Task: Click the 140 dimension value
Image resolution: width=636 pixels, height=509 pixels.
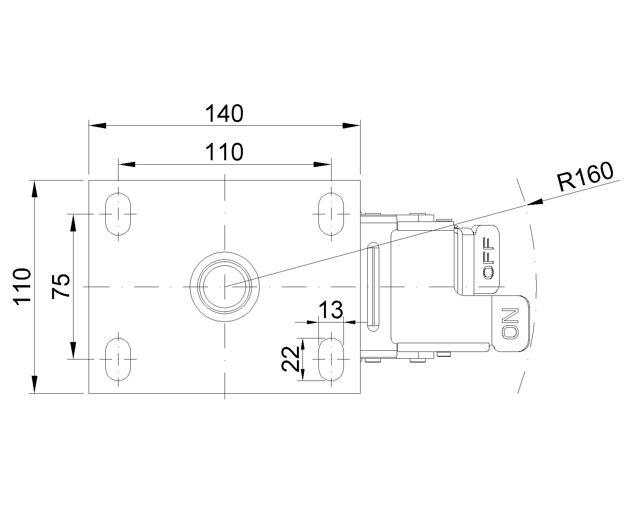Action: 224,114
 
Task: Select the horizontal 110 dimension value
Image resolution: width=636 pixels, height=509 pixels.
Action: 224,152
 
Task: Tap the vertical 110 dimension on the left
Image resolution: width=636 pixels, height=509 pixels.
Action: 22,287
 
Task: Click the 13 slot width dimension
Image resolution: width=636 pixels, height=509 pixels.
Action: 331,310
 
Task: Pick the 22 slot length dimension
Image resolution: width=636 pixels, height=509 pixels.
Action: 290,359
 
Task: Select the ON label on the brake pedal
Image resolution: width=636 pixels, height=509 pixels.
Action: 510,323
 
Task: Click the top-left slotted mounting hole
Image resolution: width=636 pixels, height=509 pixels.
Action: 118,214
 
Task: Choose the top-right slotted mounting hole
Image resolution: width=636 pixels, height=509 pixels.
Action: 331,214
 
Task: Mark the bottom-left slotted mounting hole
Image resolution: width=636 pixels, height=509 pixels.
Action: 118,359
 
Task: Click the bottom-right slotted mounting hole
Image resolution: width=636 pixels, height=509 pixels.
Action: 331,359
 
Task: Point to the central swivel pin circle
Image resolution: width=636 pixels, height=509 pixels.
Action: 225,286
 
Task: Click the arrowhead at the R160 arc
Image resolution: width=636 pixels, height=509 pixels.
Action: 535,203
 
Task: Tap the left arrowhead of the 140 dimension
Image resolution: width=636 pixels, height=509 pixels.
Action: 98,126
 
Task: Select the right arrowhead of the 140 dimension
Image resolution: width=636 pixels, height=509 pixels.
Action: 351,126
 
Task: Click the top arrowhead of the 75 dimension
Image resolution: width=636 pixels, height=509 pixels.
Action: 73,223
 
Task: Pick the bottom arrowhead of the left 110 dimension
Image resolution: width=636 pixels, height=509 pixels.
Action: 35,384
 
